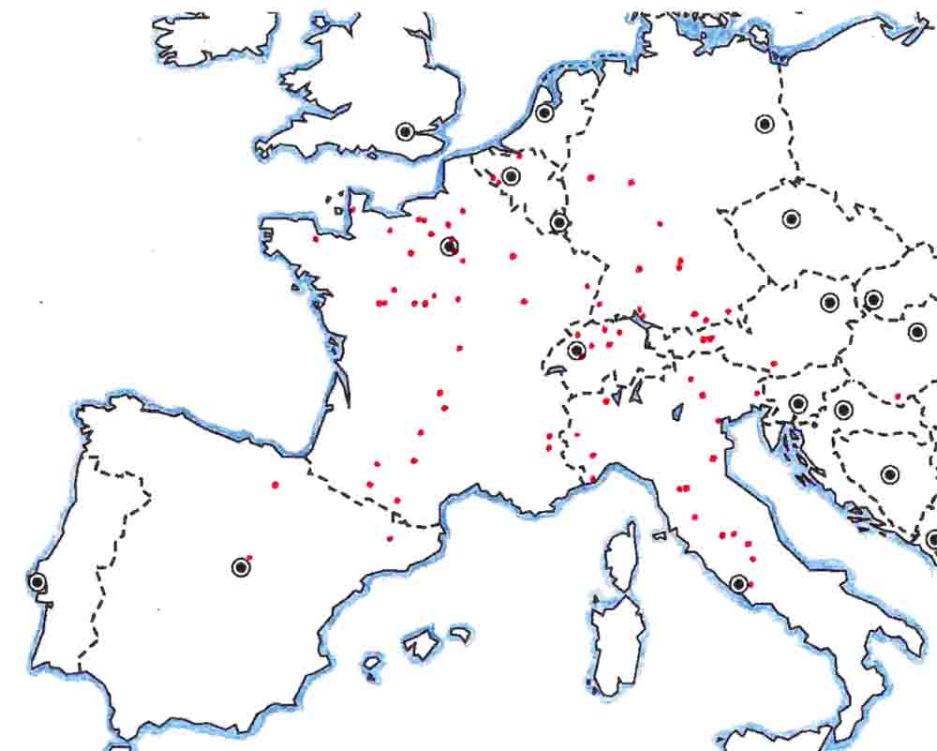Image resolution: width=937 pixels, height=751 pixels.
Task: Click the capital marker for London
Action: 405,132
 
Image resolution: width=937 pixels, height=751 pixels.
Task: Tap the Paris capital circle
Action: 450,247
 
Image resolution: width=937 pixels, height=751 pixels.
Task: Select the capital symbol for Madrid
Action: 241,566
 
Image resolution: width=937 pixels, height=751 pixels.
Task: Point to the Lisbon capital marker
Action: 37,581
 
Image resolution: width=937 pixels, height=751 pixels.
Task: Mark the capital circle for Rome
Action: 739,583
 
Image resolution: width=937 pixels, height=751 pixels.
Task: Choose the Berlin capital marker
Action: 765,124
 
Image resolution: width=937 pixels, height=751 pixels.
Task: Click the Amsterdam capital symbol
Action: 544,113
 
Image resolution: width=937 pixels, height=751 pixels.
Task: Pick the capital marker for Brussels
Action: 511,175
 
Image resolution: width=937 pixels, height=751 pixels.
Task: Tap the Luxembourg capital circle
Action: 559,222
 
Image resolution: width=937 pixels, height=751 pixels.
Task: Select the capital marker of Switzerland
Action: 576,351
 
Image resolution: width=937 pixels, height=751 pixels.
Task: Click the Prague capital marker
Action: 791,219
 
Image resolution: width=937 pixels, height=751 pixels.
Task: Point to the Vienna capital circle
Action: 829,302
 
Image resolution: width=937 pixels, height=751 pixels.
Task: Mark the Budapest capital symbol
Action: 916,331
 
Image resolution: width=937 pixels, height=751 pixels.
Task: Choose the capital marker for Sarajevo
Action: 889,474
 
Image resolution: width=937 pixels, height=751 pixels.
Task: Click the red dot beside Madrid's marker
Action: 250,557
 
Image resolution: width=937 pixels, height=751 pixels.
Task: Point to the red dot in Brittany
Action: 316,239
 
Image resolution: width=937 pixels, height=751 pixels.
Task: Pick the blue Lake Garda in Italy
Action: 677,411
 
